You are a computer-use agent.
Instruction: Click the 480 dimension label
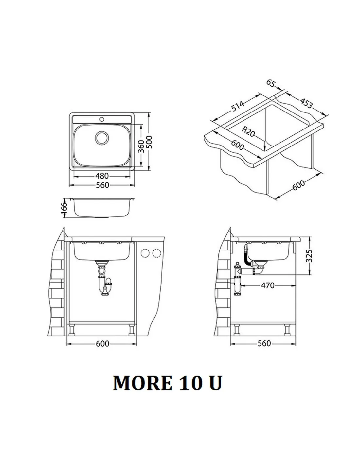pyautogui.click(x=102, y=176)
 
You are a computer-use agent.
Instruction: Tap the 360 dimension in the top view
pyautogui.click(x=141, y=146)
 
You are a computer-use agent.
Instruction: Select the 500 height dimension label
pyautogui.click(x=149, y=142)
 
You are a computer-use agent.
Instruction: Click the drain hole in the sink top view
pyautogui.click(x=102, y=138)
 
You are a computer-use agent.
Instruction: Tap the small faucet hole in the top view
pyautogui.click(x=102, y=119)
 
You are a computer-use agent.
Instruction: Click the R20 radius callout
pyautogui.click(x=248, y=132)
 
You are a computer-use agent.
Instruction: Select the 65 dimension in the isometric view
pyautogui.click(x=270, y=83)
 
